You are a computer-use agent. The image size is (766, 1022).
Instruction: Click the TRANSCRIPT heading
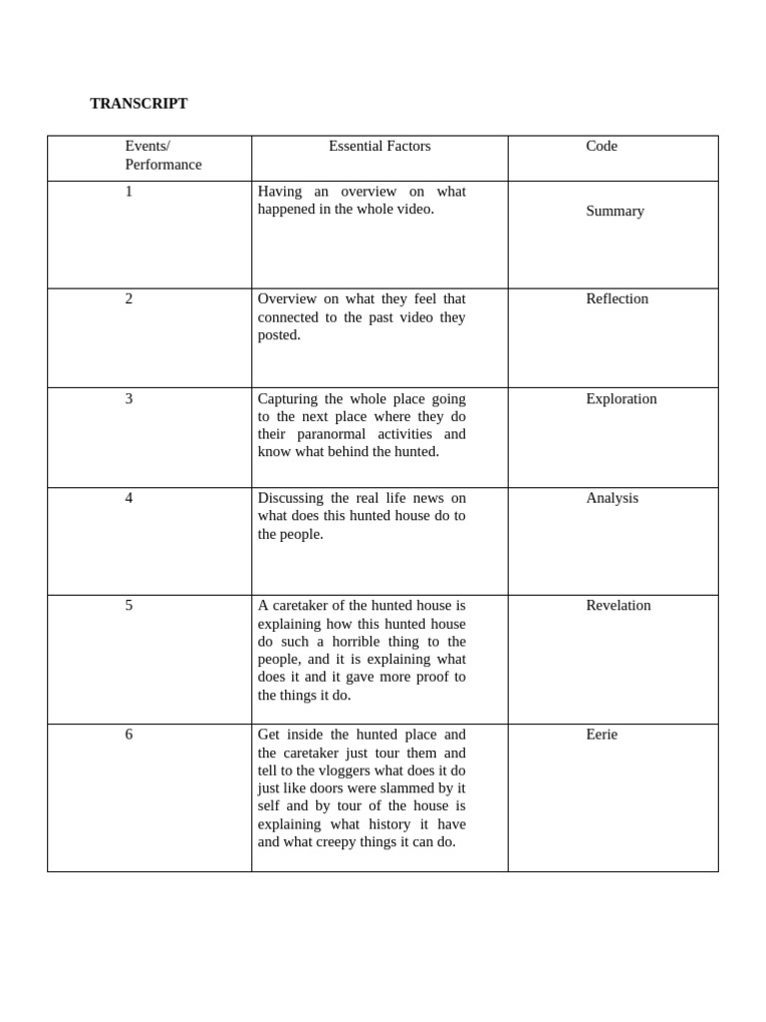(x=139, y=104)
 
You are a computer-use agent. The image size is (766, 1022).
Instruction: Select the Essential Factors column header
(x=379, y=147)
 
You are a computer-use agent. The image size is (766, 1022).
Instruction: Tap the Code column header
(x=601, y=147)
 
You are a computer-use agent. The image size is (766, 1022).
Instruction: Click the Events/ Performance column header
(x=163, y=156)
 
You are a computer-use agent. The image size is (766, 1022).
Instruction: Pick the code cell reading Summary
(x=614, y=212)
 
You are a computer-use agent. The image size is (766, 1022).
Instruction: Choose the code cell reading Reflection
(x=616, y=299)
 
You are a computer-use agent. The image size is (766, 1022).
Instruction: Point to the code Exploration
(x=620, y=399)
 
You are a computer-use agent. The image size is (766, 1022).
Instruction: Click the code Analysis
(x=611, y=498)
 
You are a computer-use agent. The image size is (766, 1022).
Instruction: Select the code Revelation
(x=617, y=606)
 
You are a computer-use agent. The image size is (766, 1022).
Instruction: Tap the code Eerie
(x=601, y=735)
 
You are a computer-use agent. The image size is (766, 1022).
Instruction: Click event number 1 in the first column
(x=129, y=192)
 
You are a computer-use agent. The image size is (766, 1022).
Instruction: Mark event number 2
(x=129, y=299)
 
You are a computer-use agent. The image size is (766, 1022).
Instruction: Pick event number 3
(x=129, y=399)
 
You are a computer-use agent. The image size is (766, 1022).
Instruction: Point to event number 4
(x=129, y=498)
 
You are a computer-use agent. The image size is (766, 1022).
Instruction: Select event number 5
(x=129, y=606)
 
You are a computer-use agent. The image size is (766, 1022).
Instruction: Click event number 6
(x=129, y=735)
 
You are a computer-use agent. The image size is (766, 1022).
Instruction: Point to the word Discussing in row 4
(x=290, y=498)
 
